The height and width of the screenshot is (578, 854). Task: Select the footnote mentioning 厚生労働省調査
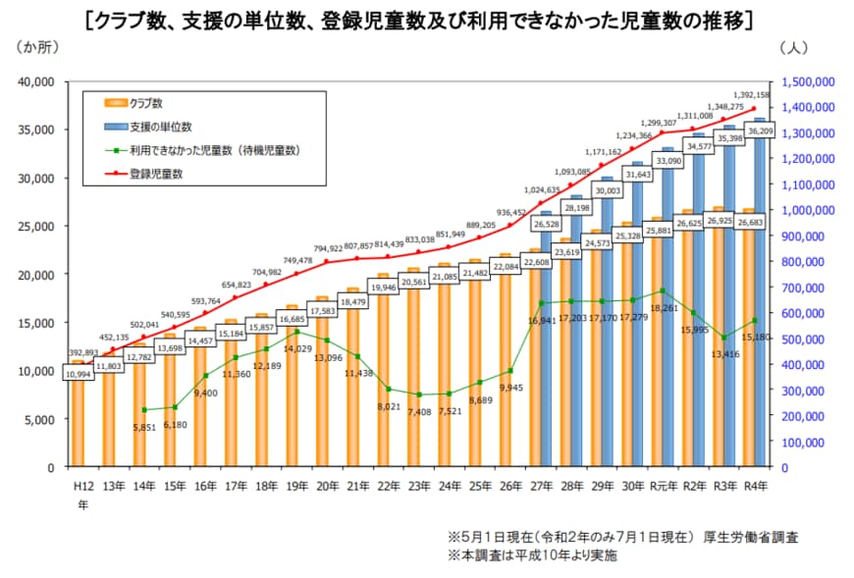tap(622, 537)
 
